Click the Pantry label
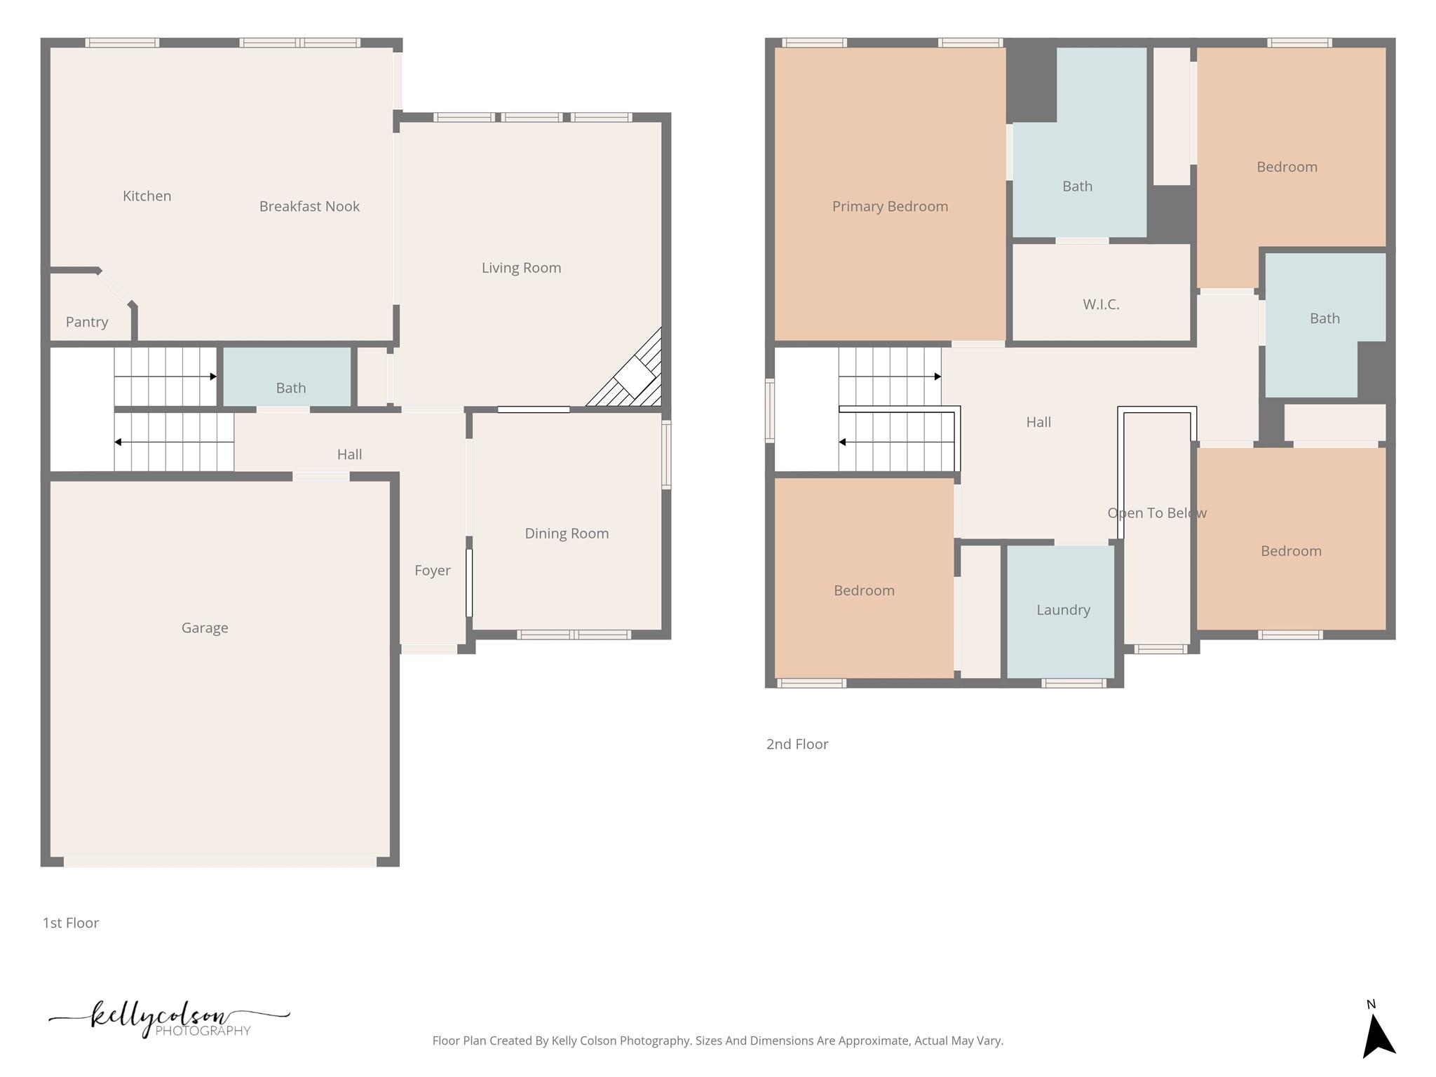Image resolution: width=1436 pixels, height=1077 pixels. [x=87, y=322]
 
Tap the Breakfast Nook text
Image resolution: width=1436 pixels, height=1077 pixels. [x=309, y=206]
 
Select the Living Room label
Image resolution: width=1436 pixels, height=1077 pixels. [x=521, y=268]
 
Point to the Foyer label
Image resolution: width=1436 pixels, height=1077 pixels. [x=432, y=571]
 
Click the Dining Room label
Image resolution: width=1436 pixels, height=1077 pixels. [x=567, y=534]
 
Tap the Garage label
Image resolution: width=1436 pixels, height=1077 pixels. [x=205, y=628]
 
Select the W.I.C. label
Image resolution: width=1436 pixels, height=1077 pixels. [x=1101, y=304]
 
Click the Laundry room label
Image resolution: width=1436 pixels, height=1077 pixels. [x=1063, y=610]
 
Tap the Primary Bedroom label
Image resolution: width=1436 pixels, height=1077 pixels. [x=890, y=206]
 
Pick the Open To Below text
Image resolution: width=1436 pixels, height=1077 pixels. [x=1157, y=513]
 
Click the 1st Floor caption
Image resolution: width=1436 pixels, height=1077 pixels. [x=71, y=923]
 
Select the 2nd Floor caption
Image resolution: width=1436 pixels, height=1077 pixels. [x=797, y=744]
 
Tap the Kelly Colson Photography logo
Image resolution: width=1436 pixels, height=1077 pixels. [x=168, y=1019]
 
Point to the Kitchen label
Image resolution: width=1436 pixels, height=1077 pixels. [x=147, y=196]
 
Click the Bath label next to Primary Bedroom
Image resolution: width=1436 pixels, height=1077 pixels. [x=1077, y=187]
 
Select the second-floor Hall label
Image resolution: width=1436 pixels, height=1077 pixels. [x=1038, y=422]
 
